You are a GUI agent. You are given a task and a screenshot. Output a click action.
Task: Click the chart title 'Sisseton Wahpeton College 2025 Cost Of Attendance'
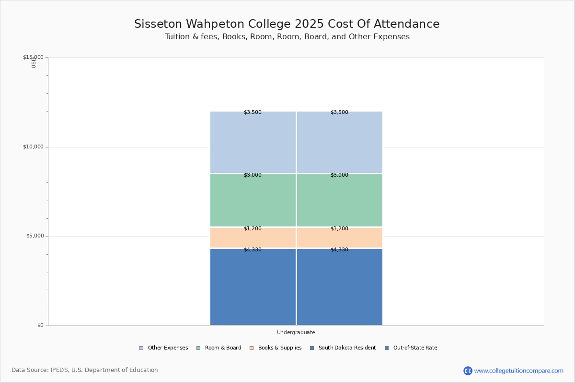coord(287,24)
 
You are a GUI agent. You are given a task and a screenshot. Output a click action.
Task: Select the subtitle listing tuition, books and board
coord(287,37)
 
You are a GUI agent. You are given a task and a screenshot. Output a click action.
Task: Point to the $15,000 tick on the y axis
coord(33,57)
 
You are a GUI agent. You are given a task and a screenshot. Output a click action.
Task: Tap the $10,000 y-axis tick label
coord(33,147)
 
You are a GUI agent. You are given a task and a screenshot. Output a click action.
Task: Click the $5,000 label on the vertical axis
coord(34,236)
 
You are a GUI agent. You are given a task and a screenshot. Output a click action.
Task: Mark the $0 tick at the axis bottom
coord(40,326)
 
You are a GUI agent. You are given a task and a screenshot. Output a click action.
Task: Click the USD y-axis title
coord(34,62)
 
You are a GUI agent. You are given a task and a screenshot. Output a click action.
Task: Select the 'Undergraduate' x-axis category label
coord(296,332)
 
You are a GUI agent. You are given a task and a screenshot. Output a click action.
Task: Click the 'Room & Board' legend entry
coord(223,348)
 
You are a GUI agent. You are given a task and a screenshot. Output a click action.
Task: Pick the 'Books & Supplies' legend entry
coord(279,348)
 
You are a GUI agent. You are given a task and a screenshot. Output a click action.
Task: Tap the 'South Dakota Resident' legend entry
coord(347,348)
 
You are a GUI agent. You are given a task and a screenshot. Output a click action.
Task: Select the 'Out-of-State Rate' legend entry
coord(415,348)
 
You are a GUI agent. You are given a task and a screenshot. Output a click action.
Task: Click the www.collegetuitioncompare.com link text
coord(518,371)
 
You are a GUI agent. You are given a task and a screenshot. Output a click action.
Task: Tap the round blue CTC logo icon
coord(468,371)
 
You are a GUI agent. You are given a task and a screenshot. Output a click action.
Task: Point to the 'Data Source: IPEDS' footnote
coord(85,370)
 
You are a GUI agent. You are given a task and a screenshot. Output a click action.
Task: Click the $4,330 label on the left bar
coord(253,250)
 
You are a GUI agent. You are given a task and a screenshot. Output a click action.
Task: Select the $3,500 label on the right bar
coord(339,113)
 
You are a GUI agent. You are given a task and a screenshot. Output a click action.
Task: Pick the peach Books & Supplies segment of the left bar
coord(253,238)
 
